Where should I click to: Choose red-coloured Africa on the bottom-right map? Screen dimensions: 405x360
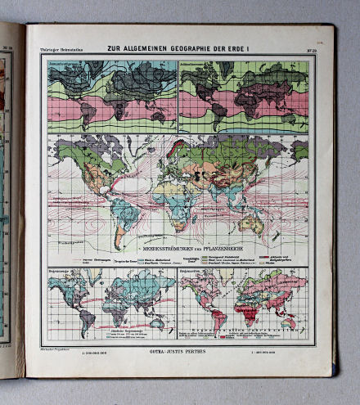point(245,309)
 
